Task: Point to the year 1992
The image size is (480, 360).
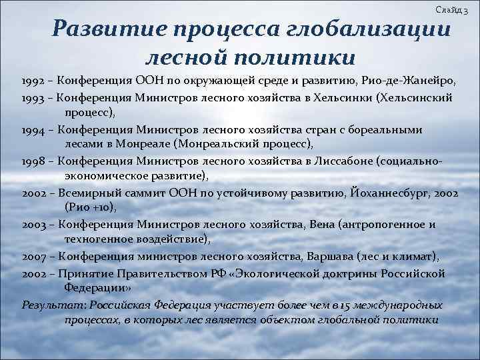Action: [33, 81]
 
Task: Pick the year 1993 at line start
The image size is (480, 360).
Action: [33, 98]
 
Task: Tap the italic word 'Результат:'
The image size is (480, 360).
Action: [50, 305]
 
